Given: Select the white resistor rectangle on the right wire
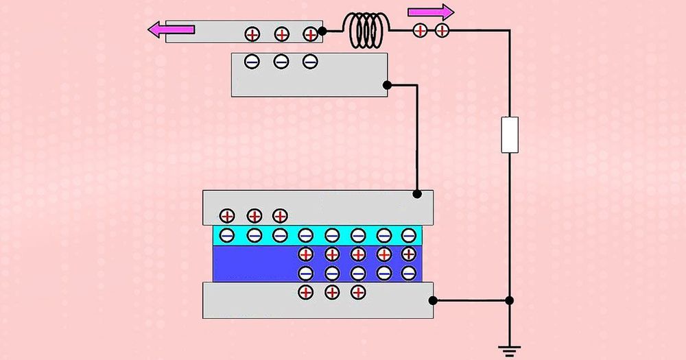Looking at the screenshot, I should point(510,134).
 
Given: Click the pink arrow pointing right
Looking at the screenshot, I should point(431,12).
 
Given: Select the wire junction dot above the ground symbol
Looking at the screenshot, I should point(509,300).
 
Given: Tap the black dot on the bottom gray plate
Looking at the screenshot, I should point(433,300).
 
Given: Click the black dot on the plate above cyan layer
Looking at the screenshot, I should point(417,195).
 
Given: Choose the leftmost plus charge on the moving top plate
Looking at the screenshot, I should point(252,33).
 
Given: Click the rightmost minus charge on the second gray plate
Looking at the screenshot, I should point(310,62).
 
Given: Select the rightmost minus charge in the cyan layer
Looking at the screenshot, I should point(409,236).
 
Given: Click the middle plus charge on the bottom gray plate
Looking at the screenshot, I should point(331,292).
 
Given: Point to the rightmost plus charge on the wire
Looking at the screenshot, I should point(442,30).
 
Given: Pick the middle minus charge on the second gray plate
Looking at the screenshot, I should point(281,62).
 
